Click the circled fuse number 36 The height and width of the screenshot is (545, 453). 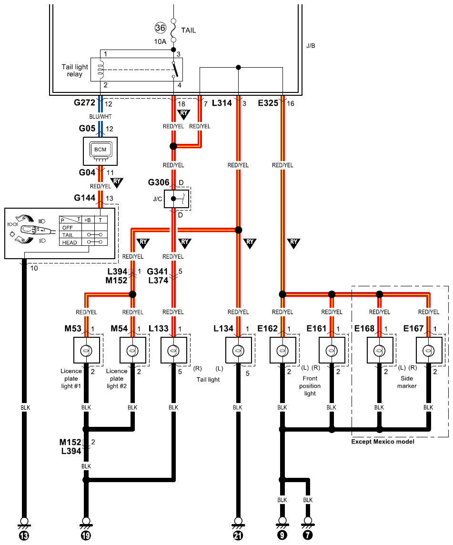coord(160,28)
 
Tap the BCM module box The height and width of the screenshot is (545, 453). coord(100,151)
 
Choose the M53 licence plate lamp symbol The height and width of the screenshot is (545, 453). coord(87,350)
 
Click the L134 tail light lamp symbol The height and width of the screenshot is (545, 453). coord(238,350)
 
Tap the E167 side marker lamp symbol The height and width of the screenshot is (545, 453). coord(429,350)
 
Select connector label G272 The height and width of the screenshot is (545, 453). coord(84,102)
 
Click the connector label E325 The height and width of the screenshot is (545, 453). coord(268,103)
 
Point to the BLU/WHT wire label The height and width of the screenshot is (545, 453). coord(100,116)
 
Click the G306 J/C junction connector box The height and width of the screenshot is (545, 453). coord(177,199)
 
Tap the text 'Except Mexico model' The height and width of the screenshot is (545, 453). coord(383,442)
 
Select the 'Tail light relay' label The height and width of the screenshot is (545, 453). coord(75,70)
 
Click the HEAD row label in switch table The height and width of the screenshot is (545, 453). coord(70,242)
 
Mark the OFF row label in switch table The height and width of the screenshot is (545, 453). coord(68,228)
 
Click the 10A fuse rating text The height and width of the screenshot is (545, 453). coord(160,42)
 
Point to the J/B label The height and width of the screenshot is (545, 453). coord(311,46)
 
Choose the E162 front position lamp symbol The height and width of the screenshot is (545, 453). coord(282,350)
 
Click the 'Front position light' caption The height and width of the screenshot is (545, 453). coord(310,386)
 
